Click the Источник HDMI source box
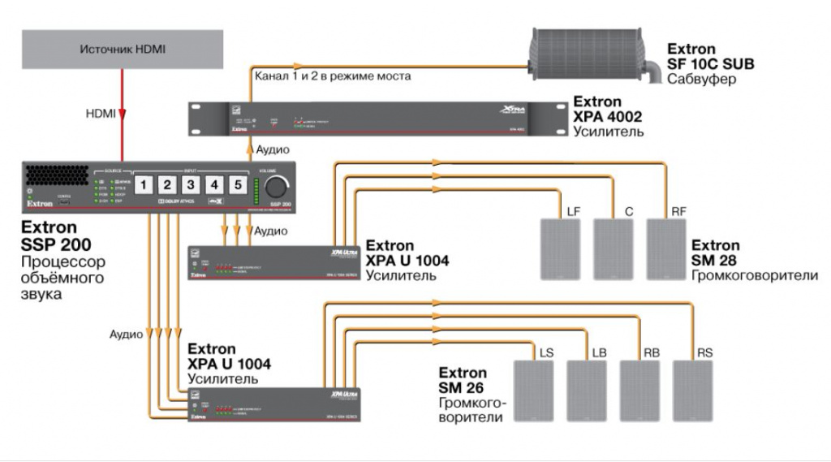(x=123, y=50)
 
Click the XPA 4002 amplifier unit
(x=377, y=119)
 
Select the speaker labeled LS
(x=534, y=390)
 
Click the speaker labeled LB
(x=587, y=390)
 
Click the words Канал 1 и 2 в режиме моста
(x=333, y=76)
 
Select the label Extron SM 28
(x=715, y=253)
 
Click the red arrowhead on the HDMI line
(x=123, y=115)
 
